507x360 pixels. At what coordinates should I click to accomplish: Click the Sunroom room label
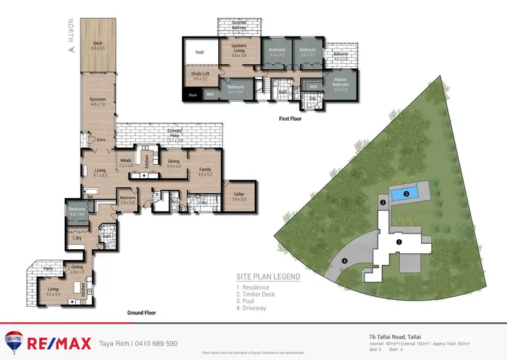click(98, 101)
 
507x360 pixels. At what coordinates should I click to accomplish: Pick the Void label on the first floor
click(199, 51)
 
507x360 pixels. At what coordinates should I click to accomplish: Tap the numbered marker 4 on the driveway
click(345, 261)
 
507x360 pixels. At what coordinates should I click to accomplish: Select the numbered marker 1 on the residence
click(399, 241)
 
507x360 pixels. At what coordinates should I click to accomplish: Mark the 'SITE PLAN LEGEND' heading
click(268, 276)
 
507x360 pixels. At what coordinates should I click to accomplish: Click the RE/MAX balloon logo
click(13, 342)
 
